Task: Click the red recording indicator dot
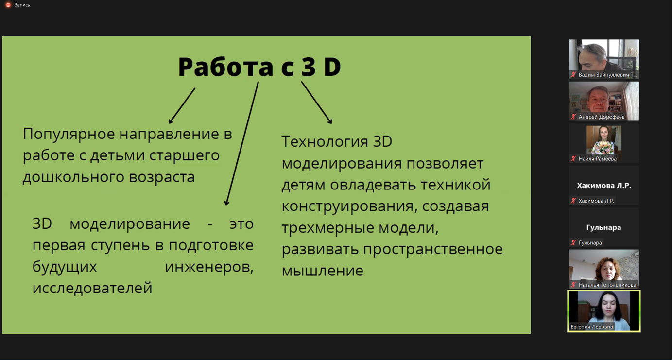click(8, 5)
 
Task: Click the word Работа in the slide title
click(225, 67)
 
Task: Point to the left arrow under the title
click(182, 105)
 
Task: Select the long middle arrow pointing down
click(242, 143)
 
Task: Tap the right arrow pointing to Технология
click(317, 103)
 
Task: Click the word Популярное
click(69, 134)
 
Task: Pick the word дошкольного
click(73, 177)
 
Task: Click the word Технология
click(325, 141)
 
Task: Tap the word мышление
click(323, 271)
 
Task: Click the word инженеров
click(209, 267)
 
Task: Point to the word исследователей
click(92, 288)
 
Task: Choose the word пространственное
click(433, 249)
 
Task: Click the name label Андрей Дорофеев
click(602, 117)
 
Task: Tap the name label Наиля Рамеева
click(597, 159)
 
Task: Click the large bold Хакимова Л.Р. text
click(604, 186)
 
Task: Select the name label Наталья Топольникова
click(607, 285)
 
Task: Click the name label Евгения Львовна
click(592, 326)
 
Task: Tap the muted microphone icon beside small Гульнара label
click(573, 242)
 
